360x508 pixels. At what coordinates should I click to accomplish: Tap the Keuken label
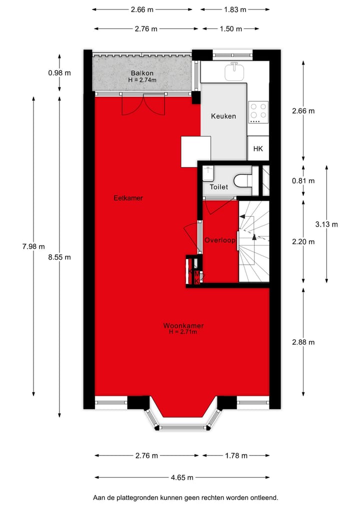coord(223,116)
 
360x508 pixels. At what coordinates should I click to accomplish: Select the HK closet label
coord(258,149)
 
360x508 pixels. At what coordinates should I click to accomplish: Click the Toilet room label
coord(218,187)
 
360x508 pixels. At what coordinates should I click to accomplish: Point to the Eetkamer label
coord(128,198)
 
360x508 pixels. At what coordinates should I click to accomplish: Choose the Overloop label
coord(219,240)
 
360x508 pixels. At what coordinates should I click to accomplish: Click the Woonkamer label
coord(183,326)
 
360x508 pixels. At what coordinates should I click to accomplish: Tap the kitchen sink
coord(233,71)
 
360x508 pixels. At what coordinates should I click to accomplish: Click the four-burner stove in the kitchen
coord(258,112)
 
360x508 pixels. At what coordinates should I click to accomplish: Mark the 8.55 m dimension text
coord(59,257)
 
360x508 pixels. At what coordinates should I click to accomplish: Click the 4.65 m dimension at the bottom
coord(182,477)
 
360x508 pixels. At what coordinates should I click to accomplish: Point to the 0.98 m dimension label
coord(59,72)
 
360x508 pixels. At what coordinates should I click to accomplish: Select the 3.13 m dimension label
coord(326,224)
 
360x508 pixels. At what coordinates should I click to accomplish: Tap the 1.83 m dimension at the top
coord(235,9)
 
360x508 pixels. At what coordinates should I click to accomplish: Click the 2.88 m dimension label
coord(303,342)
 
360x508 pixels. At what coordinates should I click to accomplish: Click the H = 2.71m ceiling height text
coord(183,332)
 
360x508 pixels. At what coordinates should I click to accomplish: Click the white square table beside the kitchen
coord(190,152)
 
